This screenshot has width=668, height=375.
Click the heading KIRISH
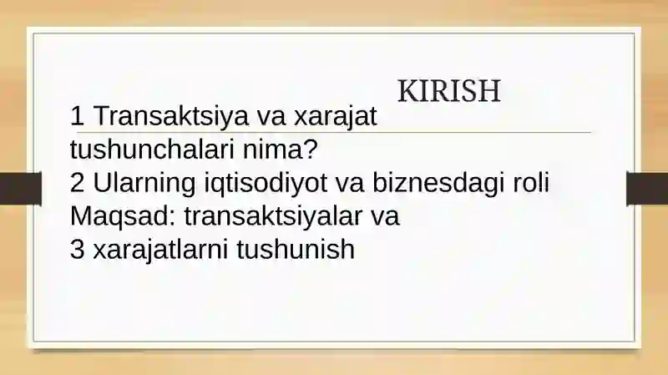tap(448, 91)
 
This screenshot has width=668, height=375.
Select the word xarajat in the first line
tap(336, 116)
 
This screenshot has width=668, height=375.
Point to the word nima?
tap(281, 149)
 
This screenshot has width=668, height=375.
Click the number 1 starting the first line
tap(77, 115)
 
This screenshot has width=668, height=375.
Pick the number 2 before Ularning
tap(77, 182)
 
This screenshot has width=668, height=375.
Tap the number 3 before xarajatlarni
tap(77, 249)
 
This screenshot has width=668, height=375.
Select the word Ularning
tap(144, 183)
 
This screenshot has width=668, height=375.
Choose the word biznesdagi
tap(439, 183)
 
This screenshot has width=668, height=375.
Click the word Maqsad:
tap(123, 216)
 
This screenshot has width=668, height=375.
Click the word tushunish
tap(296, 249)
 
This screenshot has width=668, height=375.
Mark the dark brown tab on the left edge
tap(20, 189)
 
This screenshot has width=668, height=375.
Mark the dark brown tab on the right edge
tap(647, 189)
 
